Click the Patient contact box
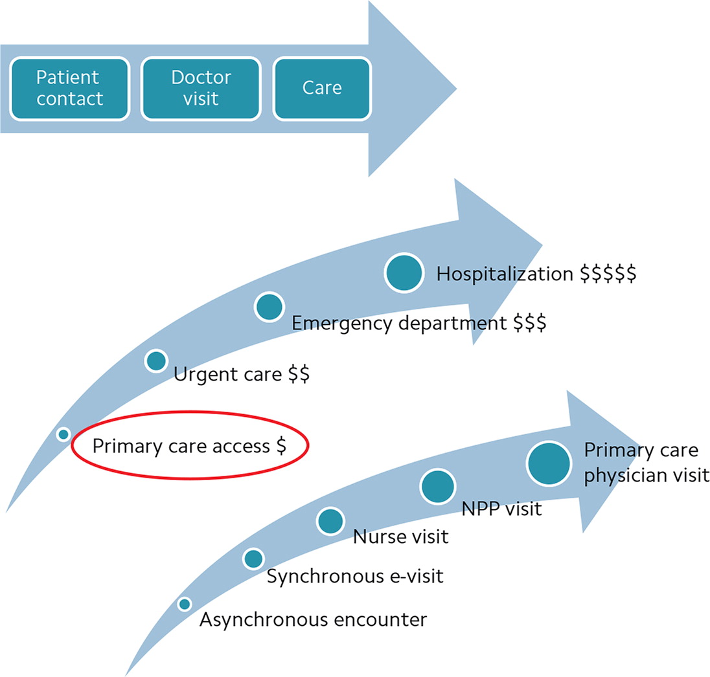(69, 88)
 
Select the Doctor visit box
(201, 88)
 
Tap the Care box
(322, 88)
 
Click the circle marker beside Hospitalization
(404, 272)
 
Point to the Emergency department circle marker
(269, 307)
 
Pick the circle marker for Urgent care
(156, 361)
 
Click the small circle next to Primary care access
(63, 434)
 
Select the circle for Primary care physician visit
(549, 464)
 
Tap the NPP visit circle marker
(439, 487)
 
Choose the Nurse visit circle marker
(330, 520)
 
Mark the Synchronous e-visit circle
(253, 558)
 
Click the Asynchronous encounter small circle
(185, 604)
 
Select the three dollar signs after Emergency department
(530, 322)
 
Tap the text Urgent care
(228, 375)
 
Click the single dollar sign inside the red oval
(281, 446)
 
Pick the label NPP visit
(501, 509)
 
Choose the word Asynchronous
(264, 619)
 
